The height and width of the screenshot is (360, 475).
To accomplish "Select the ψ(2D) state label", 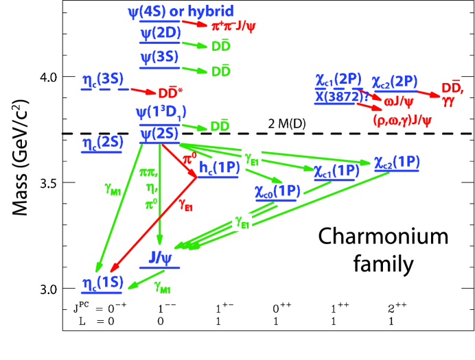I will pos(160,34).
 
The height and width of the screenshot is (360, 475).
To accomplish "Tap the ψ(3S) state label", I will pos(159,57).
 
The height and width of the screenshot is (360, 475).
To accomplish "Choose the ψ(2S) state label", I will pos(159,134).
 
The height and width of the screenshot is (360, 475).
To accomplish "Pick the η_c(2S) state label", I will pos(102,143).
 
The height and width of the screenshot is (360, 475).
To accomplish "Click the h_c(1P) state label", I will pos(220,167).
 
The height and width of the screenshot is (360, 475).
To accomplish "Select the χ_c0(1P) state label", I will pos(277,191).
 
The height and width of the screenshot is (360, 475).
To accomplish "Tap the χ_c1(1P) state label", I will pos(336,170).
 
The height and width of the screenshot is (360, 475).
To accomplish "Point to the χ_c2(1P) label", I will pos(396,162).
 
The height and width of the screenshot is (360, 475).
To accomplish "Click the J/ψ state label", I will pos(163,257).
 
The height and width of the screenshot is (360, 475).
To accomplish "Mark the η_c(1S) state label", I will pos(102,283).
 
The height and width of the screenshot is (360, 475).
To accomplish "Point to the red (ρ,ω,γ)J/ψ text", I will pos(402,121).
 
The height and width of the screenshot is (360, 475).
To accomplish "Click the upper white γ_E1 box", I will pos(251,158).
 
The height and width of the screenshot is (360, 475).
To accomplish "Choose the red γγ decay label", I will pos(448,101).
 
